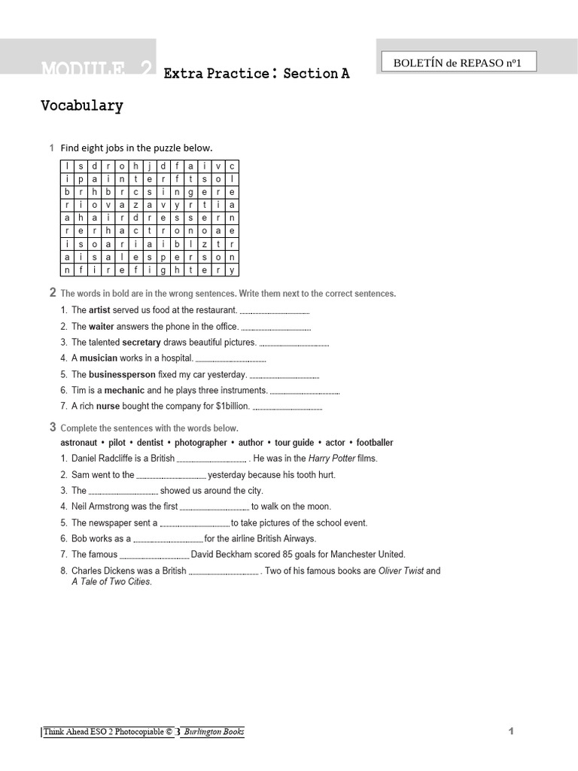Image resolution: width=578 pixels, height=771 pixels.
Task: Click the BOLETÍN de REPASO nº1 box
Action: point(457,62)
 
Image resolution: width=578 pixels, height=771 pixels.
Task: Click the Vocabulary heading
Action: point(81,106)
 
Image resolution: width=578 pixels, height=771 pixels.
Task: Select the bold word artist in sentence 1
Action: point(99,310)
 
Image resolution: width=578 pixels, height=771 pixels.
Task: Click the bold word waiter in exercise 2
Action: point(101,327)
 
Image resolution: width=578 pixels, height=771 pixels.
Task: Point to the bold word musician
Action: point(99,358)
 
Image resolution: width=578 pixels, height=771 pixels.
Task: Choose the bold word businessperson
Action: point(122,374)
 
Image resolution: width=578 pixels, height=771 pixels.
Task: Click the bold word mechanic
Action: point(124,390)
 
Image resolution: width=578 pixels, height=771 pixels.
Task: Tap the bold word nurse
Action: point(108,406)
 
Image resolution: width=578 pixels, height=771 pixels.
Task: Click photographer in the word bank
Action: point(200,443)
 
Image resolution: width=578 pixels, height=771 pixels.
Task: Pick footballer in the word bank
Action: point(375,443)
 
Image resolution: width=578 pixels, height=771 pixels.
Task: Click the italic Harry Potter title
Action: point(332,459)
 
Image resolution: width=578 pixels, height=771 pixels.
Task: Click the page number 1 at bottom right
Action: point(511,731)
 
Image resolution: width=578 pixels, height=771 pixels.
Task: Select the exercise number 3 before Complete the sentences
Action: point(53,428)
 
